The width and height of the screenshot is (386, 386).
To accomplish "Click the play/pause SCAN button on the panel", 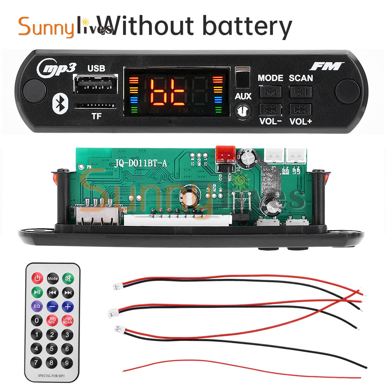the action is pos(301,92).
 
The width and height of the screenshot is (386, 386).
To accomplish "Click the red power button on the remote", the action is pos(37,278).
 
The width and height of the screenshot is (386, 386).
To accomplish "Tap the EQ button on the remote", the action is pos(37,306).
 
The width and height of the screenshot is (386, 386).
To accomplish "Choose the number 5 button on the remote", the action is pos(52,349).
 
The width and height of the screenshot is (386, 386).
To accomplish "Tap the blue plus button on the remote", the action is pos(68,306).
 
